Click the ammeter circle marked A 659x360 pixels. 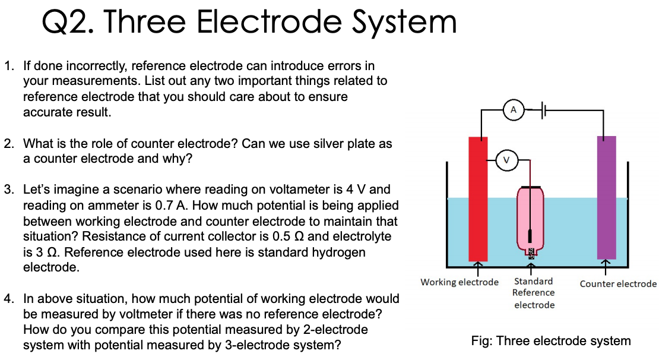513,109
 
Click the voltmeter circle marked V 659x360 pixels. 506,160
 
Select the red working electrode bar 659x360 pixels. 478,198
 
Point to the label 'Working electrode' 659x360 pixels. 460,282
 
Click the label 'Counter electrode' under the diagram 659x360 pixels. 618,284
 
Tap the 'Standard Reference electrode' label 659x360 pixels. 534,293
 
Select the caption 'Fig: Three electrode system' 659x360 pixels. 550,341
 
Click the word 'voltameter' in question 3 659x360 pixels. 306,190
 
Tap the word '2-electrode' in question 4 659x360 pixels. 336,329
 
